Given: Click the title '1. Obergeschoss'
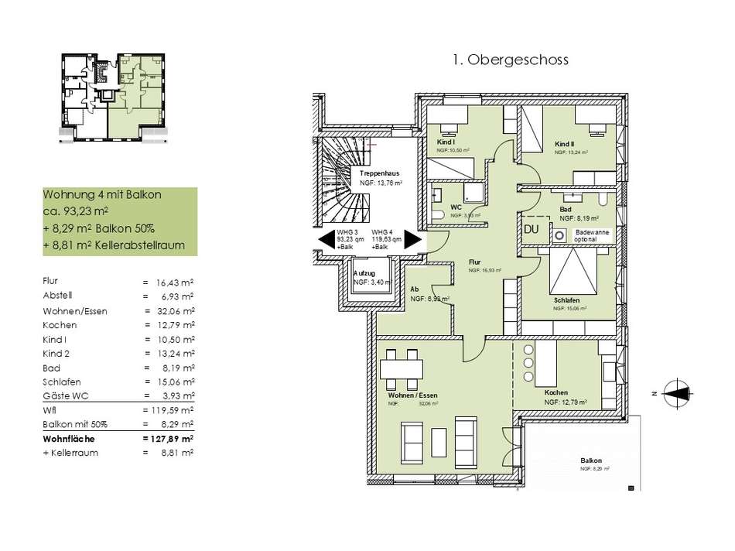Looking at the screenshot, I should [x=508, y=60].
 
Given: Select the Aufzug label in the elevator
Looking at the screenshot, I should [x=364, y=275].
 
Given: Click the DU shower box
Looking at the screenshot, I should [x=532, y=230].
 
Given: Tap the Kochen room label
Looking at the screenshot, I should [x=558, y=393].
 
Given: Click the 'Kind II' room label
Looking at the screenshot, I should [x=564, y=145].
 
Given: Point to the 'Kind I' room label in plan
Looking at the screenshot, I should [x=446, y=142].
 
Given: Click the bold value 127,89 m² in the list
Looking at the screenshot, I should [x=169, y=438].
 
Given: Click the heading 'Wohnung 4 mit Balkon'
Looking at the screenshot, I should [x=102, y=195].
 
